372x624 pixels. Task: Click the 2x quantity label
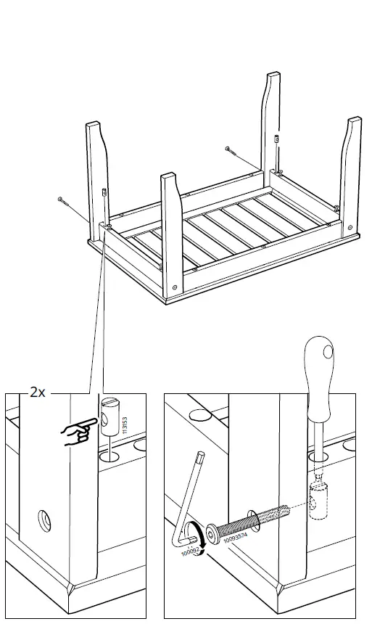point(38,393)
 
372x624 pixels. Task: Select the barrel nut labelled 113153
point(108,415)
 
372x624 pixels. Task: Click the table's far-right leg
point(352,174)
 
